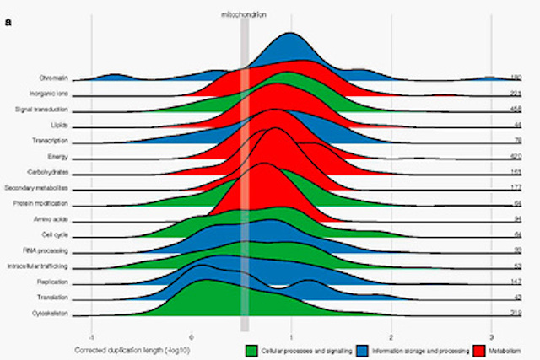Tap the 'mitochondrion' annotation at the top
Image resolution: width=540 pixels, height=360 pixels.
pos(244,14)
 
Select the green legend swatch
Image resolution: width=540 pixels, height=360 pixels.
pos(250,348)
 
